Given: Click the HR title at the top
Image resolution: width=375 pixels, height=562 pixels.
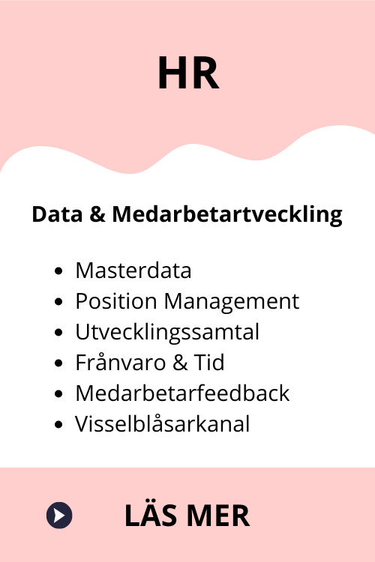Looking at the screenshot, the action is coord(188,73).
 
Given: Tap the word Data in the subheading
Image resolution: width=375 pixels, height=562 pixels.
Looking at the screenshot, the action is coord(58,214).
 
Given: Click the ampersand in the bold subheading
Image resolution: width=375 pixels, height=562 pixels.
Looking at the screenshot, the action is coord(97,214).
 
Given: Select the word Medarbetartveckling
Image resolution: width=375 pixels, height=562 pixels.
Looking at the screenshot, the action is coord(227,215).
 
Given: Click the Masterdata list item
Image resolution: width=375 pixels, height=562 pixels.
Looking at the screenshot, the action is coord(133,271).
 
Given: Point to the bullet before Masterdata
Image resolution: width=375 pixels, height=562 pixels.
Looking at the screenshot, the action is coord(58,271).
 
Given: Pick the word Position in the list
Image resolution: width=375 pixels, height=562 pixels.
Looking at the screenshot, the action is coord(116,300).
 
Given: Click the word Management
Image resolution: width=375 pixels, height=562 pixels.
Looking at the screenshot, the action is coord(232,301).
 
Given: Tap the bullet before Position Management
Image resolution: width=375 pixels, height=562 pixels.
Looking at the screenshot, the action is coord(58,302).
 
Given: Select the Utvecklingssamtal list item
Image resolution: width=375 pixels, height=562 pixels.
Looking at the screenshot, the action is coord(167,332).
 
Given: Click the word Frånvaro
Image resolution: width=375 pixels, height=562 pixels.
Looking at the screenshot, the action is coord(120,362).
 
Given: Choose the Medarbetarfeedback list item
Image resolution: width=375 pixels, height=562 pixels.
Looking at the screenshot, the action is coord(182,393).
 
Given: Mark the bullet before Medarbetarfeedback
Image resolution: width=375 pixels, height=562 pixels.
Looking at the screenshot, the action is coord(58,394).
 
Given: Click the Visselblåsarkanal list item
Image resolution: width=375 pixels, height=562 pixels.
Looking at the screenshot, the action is coord(162,424).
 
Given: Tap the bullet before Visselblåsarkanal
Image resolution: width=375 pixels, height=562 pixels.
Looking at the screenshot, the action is coord(58,425).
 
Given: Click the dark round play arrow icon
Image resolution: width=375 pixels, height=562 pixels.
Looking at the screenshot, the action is coord(59,515).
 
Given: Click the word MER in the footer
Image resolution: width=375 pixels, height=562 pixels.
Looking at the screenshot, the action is coord(218,516).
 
